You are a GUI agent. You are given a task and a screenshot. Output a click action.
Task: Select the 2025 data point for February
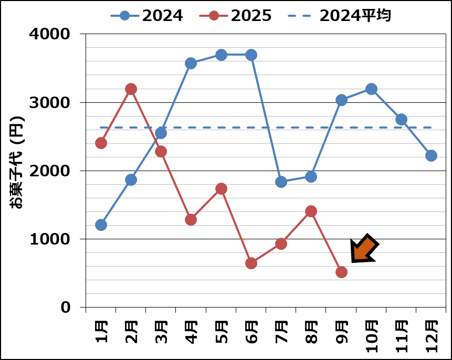131,89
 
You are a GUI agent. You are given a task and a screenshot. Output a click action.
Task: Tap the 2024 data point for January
101,225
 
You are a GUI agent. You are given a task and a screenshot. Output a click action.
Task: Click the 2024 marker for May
221,55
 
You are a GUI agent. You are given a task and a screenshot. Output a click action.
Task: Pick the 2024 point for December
432,155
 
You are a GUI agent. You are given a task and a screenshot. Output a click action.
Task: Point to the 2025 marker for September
341,272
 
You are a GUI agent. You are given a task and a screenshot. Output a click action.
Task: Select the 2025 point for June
251,263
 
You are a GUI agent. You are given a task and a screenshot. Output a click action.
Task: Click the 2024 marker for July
281,182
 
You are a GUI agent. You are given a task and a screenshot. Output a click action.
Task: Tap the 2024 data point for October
371,89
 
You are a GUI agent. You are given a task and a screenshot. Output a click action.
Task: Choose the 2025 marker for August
311,211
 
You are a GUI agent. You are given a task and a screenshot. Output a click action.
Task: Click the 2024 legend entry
147,16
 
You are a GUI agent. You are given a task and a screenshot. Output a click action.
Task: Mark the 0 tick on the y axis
66,307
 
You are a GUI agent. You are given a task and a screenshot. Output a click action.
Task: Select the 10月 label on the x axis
371,331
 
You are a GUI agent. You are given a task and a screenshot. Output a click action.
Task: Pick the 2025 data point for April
191,219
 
